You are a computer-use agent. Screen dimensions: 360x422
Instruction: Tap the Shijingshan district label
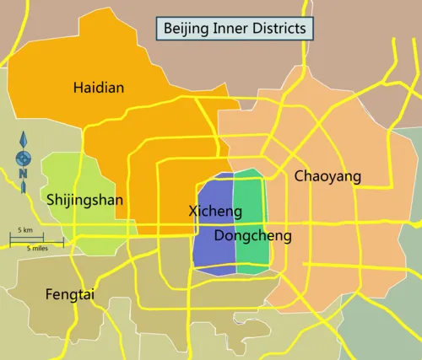click(x=84, y=200)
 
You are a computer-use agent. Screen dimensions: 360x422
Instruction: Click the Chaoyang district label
click(x=327, y=176)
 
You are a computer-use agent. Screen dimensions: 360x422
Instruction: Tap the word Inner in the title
click(x=230, y=28)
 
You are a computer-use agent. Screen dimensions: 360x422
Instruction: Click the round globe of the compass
click(x=24, y=157)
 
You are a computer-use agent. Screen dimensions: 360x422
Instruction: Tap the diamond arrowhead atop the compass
click(x=24, y=138)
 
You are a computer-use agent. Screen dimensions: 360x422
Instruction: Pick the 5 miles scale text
click(x=36, y=249)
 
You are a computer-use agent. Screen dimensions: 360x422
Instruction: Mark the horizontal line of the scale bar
click(x=36, y=241)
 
